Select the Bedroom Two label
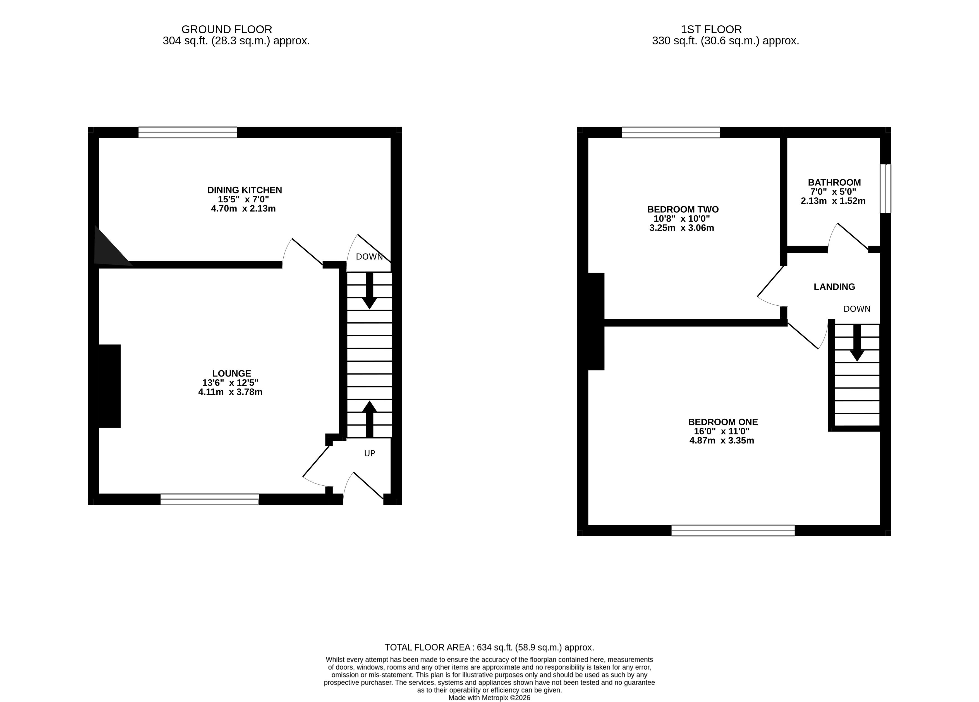[683, 209]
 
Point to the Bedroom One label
[723, 422]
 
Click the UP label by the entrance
[370, 453]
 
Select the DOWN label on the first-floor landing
[857, 309]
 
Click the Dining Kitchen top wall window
[188, 132]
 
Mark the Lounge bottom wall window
[210, 499]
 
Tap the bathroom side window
[885, 189]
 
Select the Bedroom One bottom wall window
[733, 531]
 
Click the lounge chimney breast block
[110, 386]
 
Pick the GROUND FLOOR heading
[227, 29]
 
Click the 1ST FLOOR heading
[711, 29]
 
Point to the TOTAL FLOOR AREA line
[490, 648]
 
